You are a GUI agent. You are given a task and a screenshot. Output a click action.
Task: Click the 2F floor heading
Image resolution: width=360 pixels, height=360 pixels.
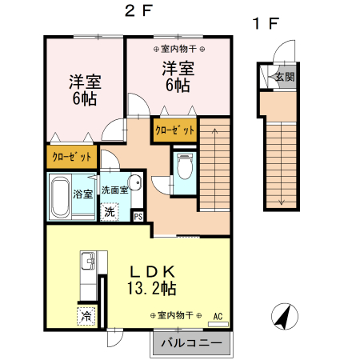tap(138, 11)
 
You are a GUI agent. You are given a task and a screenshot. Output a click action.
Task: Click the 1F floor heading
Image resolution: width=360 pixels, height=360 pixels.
tap(266, 23)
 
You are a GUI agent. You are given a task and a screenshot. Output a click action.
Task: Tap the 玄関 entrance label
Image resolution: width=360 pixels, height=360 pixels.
tap(285, 77)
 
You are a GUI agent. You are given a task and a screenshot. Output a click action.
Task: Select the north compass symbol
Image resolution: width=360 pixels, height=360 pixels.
tap(285, 316)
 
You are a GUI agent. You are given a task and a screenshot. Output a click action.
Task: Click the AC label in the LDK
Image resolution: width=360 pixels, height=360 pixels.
tap(218, 316)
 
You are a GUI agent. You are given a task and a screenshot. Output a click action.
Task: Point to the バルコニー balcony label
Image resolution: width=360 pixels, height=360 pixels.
tap(191, 342)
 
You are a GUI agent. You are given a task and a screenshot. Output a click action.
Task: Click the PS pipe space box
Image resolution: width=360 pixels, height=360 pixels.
tap(138, 216)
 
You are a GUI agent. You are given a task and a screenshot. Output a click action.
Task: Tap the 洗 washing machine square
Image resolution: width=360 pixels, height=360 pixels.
tap(110, 212)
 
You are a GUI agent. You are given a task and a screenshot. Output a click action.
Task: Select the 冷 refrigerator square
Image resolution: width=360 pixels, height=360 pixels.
tap(86, 316)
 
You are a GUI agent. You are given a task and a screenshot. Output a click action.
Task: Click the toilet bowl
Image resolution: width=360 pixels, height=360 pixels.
tap(185, 166)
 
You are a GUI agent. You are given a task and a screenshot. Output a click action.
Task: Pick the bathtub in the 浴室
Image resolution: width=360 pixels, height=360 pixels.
tap(60, 197)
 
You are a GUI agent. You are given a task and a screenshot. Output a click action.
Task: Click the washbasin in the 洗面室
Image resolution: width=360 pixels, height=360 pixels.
tap(135, 182)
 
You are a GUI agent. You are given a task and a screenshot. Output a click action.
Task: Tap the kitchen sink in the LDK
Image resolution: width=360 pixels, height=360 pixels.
tap(88, 261)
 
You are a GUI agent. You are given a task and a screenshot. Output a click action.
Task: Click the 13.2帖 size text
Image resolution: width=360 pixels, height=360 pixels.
tap(151, 288)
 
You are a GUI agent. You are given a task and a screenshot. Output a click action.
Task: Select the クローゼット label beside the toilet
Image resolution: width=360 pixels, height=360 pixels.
tap(175, 130)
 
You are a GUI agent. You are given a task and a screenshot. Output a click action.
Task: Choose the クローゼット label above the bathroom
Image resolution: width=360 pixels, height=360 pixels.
tap(71, 157)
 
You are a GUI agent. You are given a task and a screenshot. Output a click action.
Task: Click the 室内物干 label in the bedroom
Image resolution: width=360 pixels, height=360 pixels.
tap(178, 49)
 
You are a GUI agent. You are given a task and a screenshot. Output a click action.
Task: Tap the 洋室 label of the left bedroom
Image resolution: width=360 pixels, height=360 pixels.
tap(85, 82)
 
